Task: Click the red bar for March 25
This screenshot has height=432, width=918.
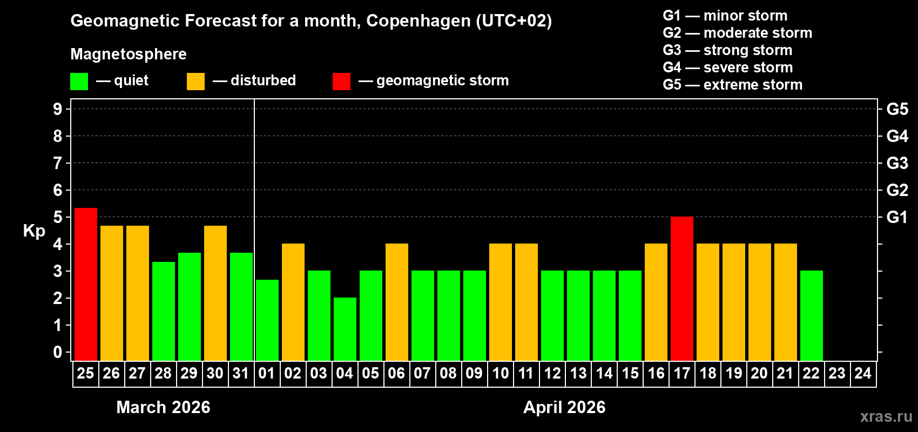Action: click(x=85, y=284)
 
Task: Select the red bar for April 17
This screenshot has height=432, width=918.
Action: click(x=681, y=288)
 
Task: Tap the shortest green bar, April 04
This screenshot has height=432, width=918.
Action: click(x=345, y=329)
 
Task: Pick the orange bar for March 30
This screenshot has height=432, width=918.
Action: click(x=215, y=293)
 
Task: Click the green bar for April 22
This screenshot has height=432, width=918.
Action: click(x=811, y=315)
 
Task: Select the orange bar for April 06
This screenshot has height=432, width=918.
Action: click(x=396, y=302)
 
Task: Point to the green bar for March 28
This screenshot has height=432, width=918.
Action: click(x=163, y=311)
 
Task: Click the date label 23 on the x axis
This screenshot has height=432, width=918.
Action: click(x=837, y=374)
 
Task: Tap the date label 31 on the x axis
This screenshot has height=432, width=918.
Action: click(x=241, y=374)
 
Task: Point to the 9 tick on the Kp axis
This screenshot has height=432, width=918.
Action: click(x=58, y=109)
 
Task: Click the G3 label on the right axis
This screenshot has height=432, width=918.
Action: click(x=897, y=163)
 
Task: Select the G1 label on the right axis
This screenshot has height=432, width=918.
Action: click(x=897, y=217)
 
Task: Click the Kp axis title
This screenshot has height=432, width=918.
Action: click(x=34, y=231)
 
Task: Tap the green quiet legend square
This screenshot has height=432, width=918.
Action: click(x=79, y=82)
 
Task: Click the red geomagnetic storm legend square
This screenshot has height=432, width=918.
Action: click(x=341, y=82)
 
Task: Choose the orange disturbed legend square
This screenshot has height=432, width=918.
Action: click(x=195, y=82)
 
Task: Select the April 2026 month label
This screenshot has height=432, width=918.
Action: click(x=564, y=407)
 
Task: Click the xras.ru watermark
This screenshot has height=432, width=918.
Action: click(x=886, y=416)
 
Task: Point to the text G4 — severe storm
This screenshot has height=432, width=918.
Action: click(x=727, y=67)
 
